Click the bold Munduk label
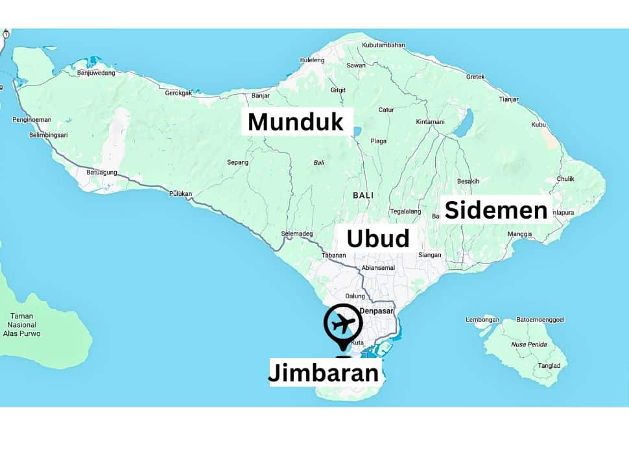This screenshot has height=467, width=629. [x=296, y=122]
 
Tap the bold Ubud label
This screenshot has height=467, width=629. [x=378, y=239]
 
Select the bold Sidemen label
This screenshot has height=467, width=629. [x=496, y=210]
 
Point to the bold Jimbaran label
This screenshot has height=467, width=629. [x=324, y=373]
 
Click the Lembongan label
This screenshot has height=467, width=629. [x=482, y=320]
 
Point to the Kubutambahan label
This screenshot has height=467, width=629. [x=383, y=45]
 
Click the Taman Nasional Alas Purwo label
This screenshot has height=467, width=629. [x=21, y=324]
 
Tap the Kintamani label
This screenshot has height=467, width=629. [x=430, y=121]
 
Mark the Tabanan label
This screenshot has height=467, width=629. [x=334, y=255]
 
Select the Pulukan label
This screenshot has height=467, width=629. [x=181, y=194]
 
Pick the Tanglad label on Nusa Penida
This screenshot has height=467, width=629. [x=549, y=366]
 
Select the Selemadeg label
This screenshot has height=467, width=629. [x=297, y=233]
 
